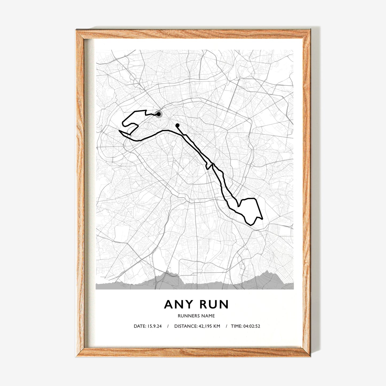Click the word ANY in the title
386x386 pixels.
178,305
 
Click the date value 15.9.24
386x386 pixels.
154,326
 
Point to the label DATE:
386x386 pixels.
140,326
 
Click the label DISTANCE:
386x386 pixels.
185,326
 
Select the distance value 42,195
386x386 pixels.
205,326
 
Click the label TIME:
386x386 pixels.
236,326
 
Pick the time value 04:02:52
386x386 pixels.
252,326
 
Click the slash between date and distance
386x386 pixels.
168,326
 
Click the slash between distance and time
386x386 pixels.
227,326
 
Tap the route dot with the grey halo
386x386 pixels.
159,114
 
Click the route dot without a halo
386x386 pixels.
177,125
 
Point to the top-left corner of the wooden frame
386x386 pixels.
77,30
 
